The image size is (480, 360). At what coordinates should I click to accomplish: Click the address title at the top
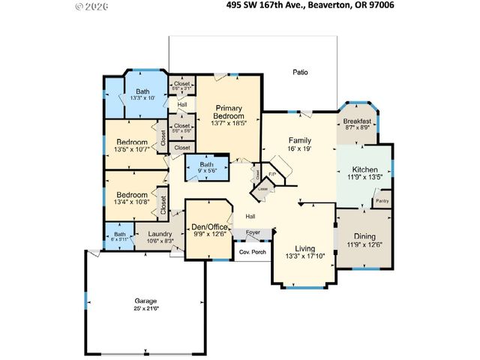click(310, 4)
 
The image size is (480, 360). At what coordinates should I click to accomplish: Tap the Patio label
click(300, 73)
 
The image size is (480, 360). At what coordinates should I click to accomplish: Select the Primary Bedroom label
click(229, 112)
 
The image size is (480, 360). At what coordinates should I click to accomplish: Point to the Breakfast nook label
click(357, 121)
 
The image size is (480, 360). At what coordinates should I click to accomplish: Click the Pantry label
click(382, 201)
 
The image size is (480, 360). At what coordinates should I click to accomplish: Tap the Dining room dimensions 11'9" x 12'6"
click(364, 244)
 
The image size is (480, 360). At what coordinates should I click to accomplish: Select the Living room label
click(304, 250)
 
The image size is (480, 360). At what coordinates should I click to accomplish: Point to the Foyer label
click(253, 232)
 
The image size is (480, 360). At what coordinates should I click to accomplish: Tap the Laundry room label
click(160, 234)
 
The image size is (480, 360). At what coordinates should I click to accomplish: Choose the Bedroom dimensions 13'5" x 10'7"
click(130, 148)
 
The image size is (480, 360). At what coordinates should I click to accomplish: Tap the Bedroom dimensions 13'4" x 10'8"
click(130, 201)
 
